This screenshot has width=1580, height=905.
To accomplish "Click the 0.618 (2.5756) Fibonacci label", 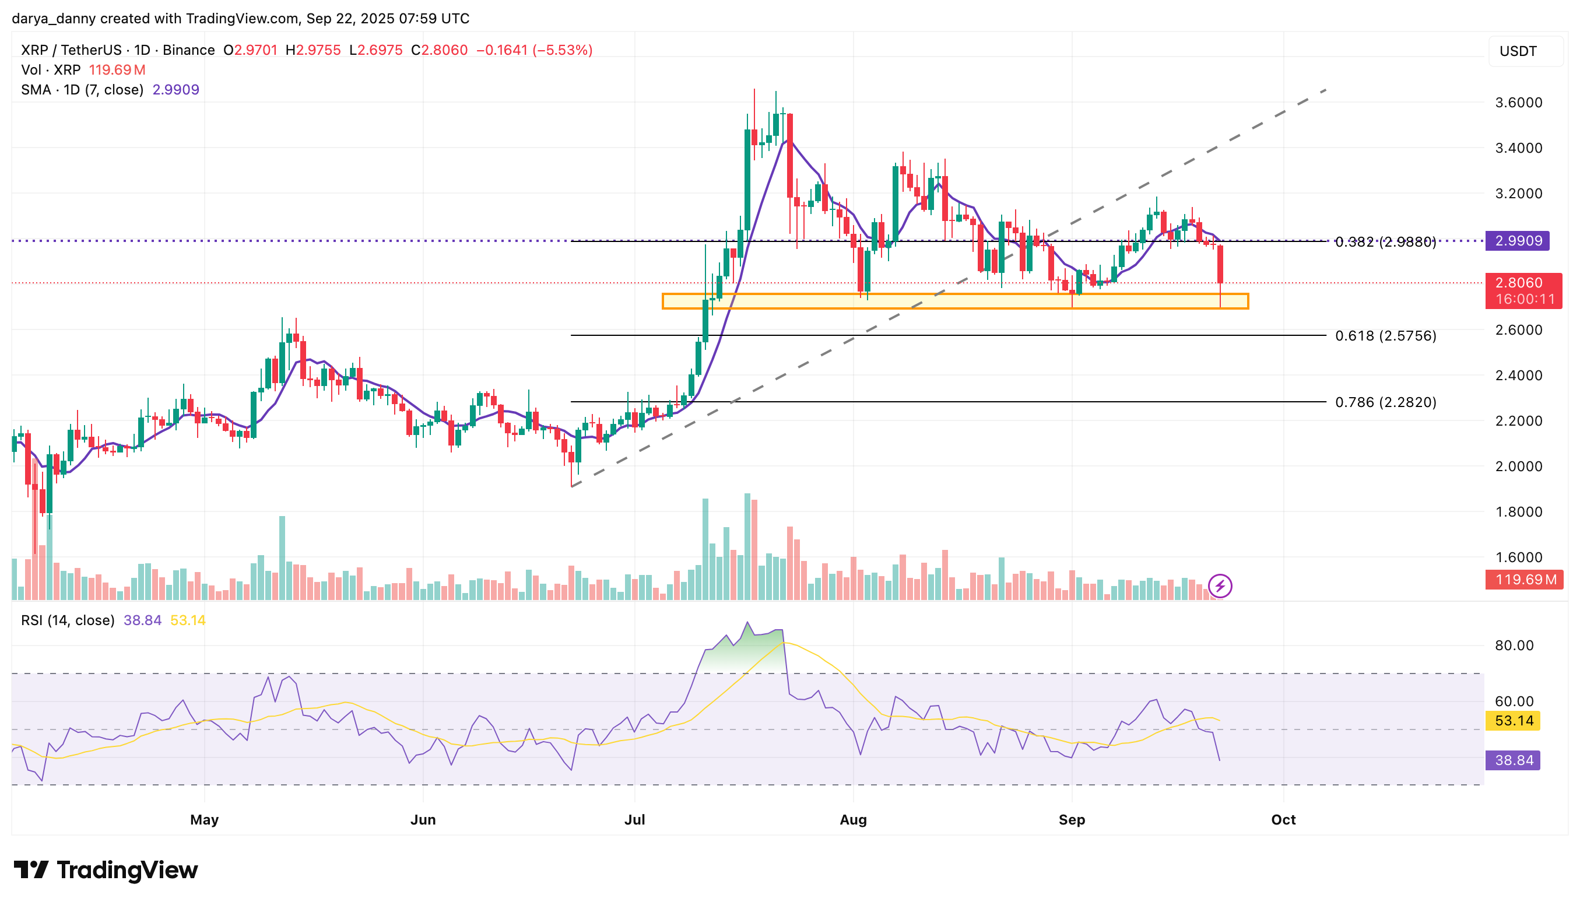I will (x=1385, y=336).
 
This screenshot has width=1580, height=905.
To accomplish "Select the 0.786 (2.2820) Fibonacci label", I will (x=1385, y=402).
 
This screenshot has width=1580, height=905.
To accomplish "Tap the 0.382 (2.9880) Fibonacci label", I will (x=1385, y=242).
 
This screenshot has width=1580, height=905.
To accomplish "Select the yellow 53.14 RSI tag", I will (x=1514, y=721).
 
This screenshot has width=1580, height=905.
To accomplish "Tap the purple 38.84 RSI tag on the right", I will (x=1514, y=760).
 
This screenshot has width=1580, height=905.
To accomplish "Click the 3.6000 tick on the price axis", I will (x=1518, y=103).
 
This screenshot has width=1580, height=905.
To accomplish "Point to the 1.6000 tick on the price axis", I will (x=1518, y=557).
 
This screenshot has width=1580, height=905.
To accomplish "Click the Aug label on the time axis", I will (x=853, y=820).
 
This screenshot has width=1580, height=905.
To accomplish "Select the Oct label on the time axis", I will (x=1283, y=820).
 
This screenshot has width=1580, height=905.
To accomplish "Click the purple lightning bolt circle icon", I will (x=1220, y=586).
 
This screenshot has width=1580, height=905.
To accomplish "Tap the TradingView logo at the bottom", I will (x=106, y=869).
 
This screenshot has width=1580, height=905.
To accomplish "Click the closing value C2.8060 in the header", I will (x=439, y=50).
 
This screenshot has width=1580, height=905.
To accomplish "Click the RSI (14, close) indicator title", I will (x=68, y=620).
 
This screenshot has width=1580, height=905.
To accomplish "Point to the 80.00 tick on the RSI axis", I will (x=1514, y=645).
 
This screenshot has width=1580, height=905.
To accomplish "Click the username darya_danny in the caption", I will (x=54, y=19).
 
